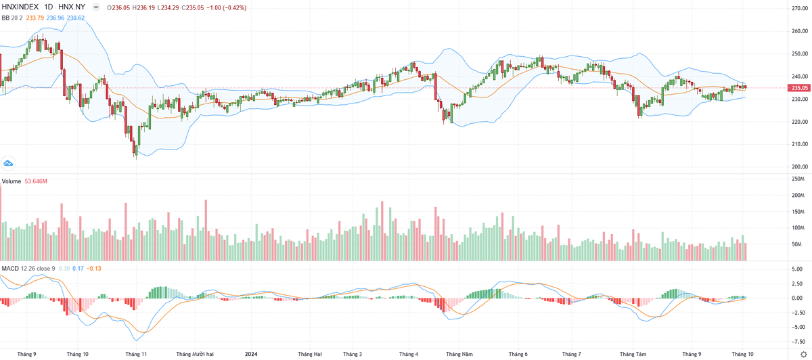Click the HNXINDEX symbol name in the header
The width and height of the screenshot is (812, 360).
point(20,7)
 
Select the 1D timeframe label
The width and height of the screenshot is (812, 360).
point(49,7)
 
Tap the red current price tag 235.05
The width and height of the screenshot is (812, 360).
point(799,88)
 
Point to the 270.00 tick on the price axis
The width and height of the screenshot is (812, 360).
point(800,9)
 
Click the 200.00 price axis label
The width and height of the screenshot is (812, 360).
point(800,167)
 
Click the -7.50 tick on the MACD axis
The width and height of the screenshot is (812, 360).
point(799,342)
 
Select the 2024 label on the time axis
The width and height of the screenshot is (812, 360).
point(251,354)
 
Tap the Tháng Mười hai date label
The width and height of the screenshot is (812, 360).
point(195,354)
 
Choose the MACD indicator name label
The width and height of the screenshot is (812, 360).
point(9,269)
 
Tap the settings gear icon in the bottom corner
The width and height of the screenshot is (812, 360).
point(803,354)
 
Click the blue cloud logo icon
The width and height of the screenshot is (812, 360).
point(9,163)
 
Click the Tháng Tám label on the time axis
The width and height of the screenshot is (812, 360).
point(634,354)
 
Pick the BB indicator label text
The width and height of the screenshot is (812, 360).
point(5,18)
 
